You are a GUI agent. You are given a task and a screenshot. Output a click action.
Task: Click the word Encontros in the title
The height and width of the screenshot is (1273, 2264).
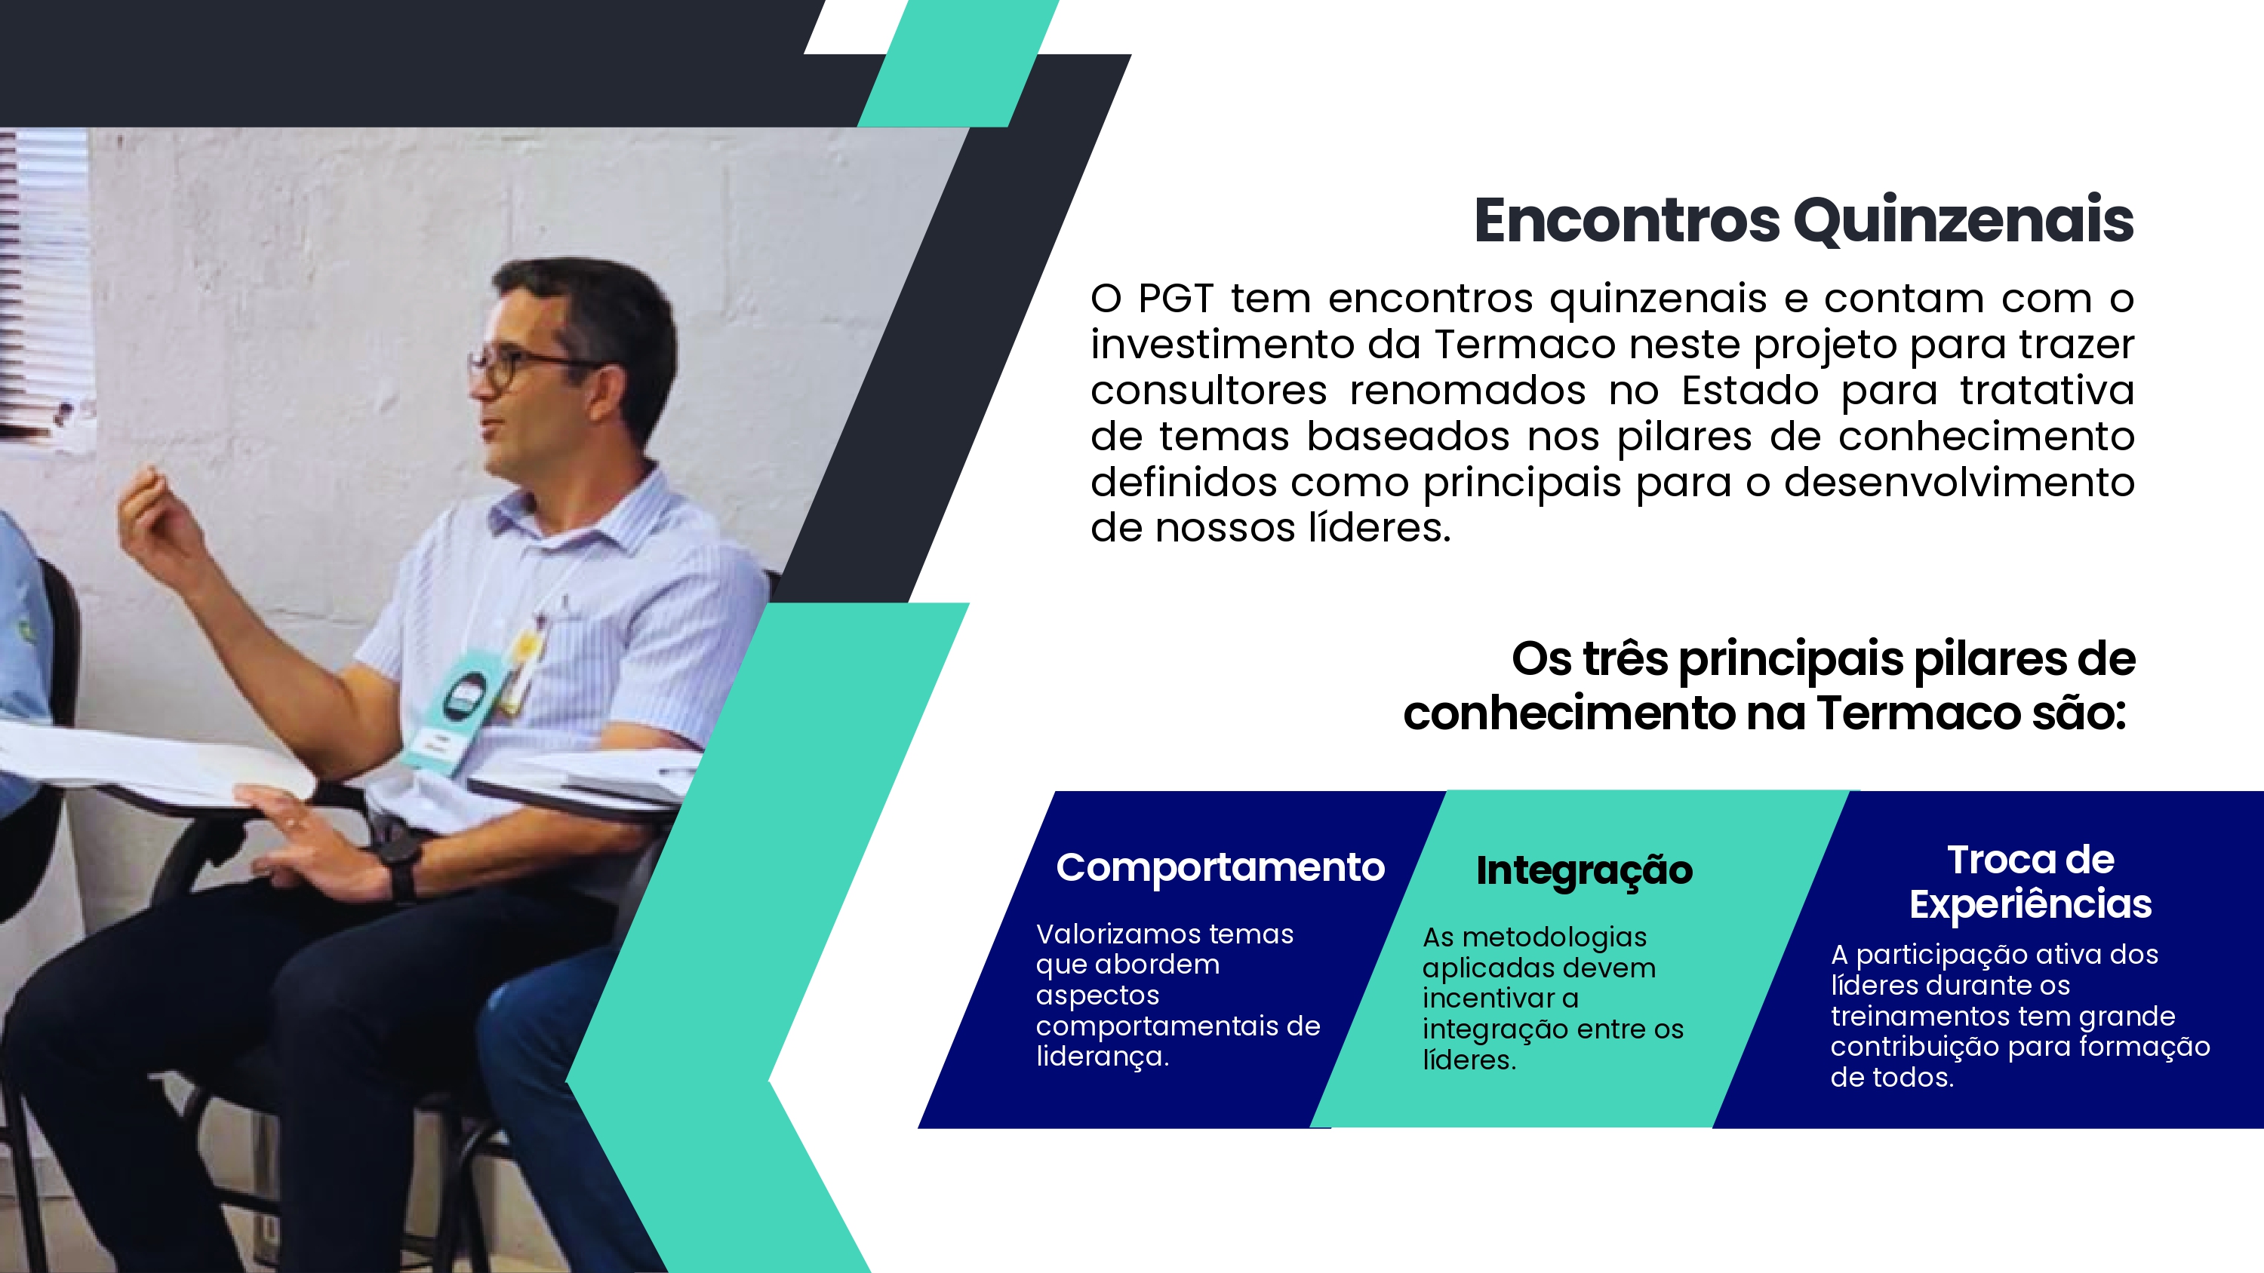click(1627, 220)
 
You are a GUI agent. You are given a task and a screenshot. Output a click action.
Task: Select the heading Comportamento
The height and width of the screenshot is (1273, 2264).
click(1220, 868)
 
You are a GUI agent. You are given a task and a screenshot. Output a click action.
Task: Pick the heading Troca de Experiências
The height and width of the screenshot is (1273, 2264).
click(2030, 882)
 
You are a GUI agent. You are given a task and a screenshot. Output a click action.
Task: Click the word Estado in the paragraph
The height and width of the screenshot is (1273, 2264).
click(1750, 390)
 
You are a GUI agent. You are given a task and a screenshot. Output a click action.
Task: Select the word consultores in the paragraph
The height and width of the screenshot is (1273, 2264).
click(1208, 390)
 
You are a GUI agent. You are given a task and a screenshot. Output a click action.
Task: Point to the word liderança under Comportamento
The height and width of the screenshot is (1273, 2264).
click(1102, 1056)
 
